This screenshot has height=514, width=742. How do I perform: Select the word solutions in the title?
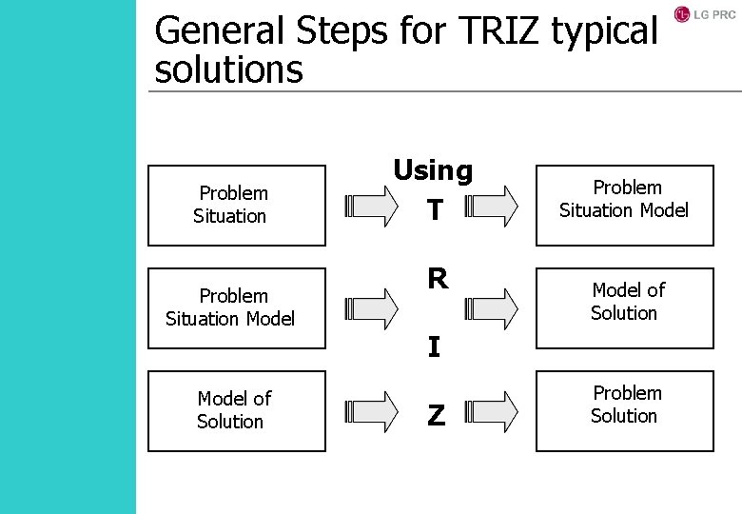[228, 69]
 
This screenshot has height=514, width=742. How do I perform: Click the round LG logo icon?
[682, 14]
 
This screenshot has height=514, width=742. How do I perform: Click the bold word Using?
[433, 170]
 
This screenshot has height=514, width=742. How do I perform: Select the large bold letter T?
[435, 210]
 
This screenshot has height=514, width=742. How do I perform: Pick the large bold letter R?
[438, 279]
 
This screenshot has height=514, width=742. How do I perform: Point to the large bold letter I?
[434, 347]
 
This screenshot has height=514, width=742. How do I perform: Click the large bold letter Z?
[436, 415]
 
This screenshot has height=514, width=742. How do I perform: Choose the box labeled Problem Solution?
[624, 410]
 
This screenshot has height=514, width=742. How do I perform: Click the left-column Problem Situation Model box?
[236, 307]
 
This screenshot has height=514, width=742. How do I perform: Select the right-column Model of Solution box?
[624, 307]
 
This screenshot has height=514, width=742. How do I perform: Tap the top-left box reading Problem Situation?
[236, 205]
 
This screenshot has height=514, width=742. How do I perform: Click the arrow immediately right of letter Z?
[492, 410]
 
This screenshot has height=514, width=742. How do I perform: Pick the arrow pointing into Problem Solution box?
[492, 410]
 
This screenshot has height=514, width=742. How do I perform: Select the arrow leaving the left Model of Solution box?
[372, 410]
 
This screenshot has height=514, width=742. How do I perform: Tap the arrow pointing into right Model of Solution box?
[492, 307]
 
